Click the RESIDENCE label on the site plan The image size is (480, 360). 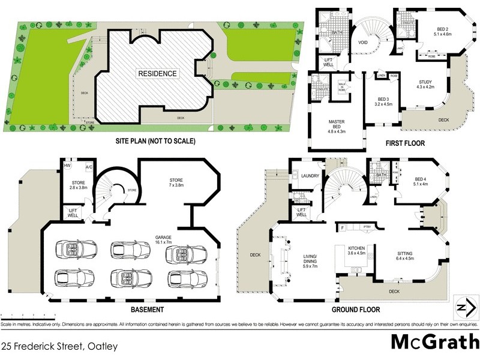point(158,74)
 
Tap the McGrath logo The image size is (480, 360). point(431,341)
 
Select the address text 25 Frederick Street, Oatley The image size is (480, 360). point(59,346)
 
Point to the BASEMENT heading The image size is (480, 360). point(147,310)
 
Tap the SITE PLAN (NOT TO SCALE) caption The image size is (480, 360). point(155,142)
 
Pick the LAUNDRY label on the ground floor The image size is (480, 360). point(310,176)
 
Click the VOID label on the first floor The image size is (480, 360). point(362,43)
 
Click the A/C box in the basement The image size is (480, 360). point(88,166)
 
